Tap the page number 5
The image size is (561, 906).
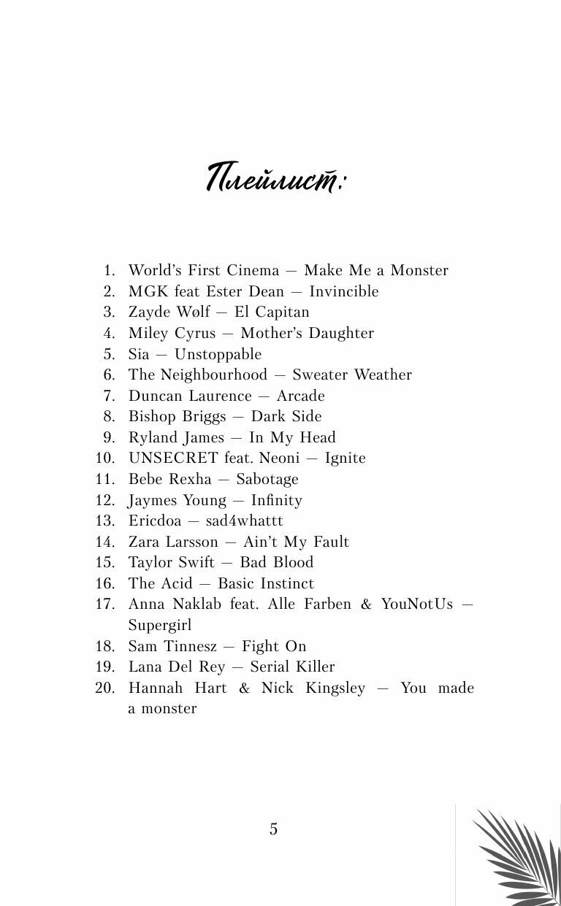click(x=273, y=829)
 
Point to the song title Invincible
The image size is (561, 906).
click(x=344, y=291)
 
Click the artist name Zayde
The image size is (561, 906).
click(x=149, y=312)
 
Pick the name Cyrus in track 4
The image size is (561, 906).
click(x=195, y=333)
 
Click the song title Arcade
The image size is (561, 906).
click(x=300, y=396)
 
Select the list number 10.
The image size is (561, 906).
click(x=106, y=458)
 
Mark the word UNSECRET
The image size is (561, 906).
click(x=173, y=458)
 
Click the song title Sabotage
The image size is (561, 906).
click(x=267, y=479)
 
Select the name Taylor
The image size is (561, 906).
click(x=151, y=562)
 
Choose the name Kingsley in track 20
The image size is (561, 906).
click(x=335, y=688)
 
